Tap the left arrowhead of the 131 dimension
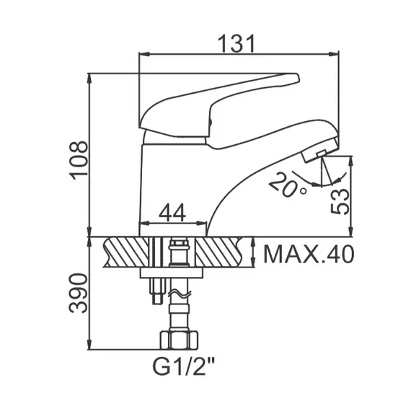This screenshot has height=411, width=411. point(143,54)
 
